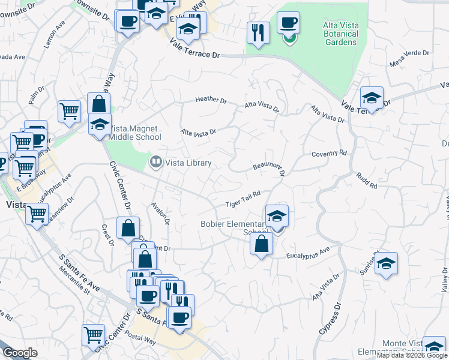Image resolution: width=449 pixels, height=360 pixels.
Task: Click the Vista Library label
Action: click(188, 163)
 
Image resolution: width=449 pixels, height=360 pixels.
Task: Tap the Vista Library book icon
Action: click(155, 161)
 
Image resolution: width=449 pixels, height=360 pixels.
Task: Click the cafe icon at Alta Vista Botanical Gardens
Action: click(288, 23)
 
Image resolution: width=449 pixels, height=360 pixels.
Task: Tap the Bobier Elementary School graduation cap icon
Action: click(277, 215)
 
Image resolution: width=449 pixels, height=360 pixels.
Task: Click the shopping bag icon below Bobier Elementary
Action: click(261, 244)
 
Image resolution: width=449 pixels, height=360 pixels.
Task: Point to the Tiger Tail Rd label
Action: click(243, 199)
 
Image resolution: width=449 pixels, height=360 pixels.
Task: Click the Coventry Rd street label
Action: click(329, 154)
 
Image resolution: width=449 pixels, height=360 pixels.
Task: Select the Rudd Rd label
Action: click(366, 182)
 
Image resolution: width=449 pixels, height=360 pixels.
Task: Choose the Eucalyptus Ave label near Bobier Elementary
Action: click(309, 253)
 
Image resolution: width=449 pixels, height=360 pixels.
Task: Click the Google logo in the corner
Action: click(20, 353)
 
